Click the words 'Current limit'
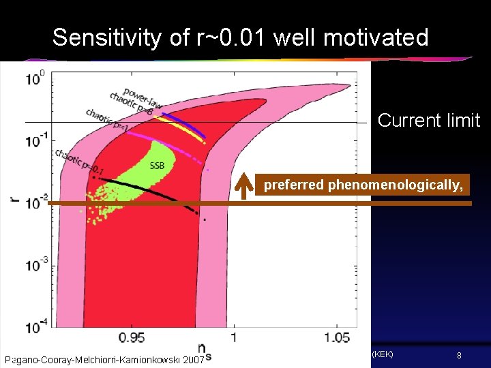click(428, 121)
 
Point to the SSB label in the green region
click(156, 165)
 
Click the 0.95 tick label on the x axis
click(131, 338)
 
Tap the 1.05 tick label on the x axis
click(337, 338)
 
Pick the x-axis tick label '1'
click(234, 338)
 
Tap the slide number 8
click(460, 356)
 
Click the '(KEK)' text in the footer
click(381, 354)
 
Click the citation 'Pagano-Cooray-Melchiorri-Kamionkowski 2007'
click(104, 359)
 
